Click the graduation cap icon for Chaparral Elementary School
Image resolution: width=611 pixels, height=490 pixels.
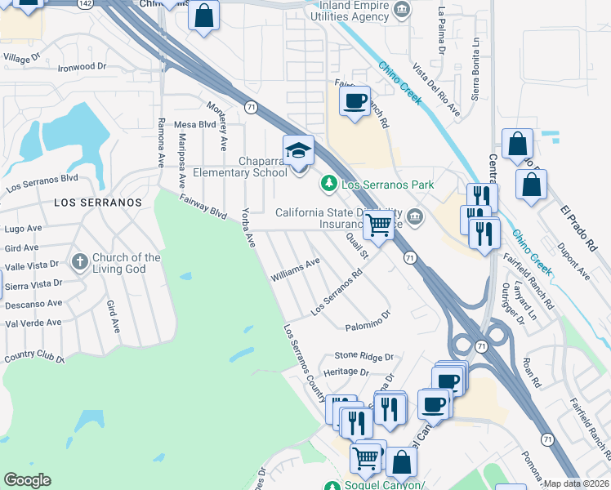click(x=298, y=151)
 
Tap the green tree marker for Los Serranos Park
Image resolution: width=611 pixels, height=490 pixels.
click(x=329, y=184)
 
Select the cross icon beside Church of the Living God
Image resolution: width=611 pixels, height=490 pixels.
click(x=80, y=262)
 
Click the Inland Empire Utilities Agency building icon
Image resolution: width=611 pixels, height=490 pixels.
click(x=401, y=10)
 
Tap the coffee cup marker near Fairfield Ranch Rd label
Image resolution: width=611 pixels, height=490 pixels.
click(x=354, y=101)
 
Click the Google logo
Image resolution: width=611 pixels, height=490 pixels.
click(x=27, y=480)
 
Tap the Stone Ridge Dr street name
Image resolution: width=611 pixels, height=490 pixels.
click(x=363, y=356)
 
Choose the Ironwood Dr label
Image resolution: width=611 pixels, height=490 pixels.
click(x=83, y=67)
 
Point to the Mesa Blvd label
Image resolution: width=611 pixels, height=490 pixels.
click(x=194, y=124)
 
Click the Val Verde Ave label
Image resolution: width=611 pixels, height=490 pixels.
click(x=33, y=323)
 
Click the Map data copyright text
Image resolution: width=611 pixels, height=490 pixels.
click(x=577, y=483)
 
